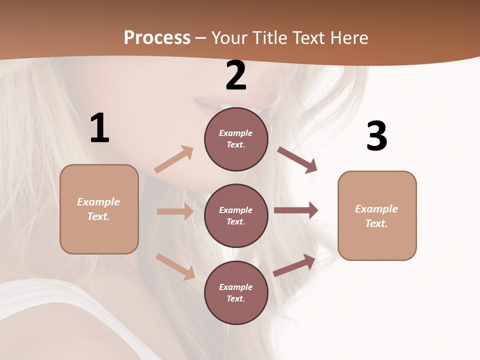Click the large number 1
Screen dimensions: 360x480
tap(99, 128)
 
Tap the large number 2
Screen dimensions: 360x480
tap(236, 75)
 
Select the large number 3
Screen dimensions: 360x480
tap(376, 136)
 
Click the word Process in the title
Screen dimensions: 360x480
tap(157, 37)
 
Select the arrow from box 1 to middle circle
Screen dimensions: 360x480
tap(175, 211)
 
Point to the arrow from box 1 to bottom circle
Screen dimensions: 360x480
tap(175, 266)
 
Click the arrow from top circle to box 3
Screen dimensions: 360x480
tap(297, 160)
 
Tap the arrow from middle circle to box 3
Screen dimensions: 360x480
tap(296, 210)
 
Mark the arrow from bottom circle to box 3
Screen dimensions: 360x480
tap(294, 265)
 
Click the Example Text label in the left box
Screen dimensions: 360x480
tap(98, 209)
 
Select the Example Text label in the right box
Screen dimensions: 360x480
tap(376, 216)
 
